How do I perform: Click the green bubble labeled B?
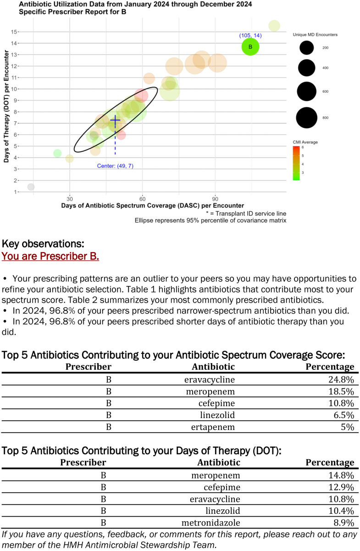point(250,47)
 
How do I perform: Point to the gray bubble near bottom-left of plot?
point(31,187)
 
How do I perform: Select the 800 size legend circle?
point(307,117)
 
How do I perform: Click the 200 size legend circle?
point(307,47)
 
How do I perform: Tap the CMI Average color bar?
point(297,163)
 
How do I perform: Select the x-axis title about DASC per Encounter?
point(152,206)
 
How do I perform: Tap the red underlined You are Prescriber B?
point(50,256)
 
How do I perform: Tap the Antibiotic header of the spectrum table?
point(213,367)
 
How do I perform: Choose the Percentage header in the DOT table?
point(330,463)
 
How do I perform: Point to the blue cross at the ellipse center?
point(115,120)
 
